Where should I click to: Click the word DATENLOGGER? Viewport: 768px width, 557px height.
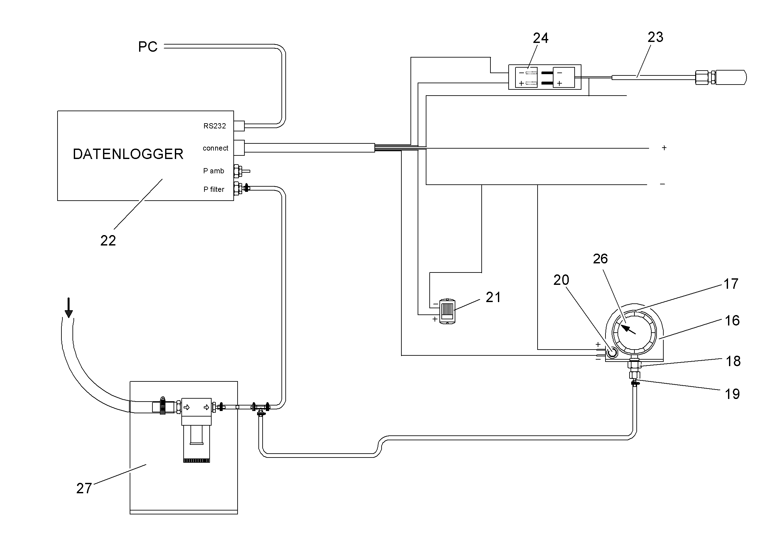tap(128, 154)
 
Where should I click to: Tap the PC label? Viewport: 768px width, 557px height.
tap(148, 47)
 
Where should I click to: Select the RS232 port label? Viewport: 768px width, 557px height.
tap(215, 126)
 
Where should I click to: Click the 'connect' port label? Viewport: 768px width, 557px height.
tap(215, 148)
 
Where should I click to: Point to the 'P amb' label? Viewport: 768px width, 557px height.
tap(213, 171)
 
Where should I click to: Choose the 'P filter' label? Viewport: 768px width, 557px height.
tap(214, 189)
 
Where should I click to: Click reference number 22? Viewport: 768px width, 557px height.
tap(108, 241)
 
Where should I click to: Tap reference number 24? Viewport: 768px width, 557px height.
tap(540, 38)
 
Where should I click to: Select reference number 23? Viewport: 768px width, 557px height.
tap(655, 37)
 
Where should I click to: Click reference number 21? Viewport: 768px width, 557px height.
tap(493, 297)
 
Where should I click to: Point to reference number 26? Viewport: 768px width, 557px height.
tap(600, 259)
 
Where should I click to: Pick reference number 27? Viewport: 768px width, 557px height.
tap(84, 488)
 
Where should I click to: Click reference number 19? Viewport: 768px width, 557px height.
tap(732, 394)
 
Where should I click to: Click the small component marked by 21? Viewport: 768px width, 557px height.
tap(447, 312)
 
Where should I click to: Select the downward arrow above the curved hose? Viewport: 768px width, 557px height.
tap(69, 308)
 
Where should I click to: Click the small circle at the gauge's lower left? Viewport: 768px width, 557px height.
tap(612, 353)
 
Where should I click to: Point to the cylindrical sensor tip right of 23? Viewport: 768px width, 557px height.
tap(731, 78)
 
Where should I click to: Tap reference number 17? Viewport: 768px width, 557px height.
tap(731, 284)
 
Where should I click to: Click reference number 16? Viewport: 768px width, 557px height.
tap(732, 321)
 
